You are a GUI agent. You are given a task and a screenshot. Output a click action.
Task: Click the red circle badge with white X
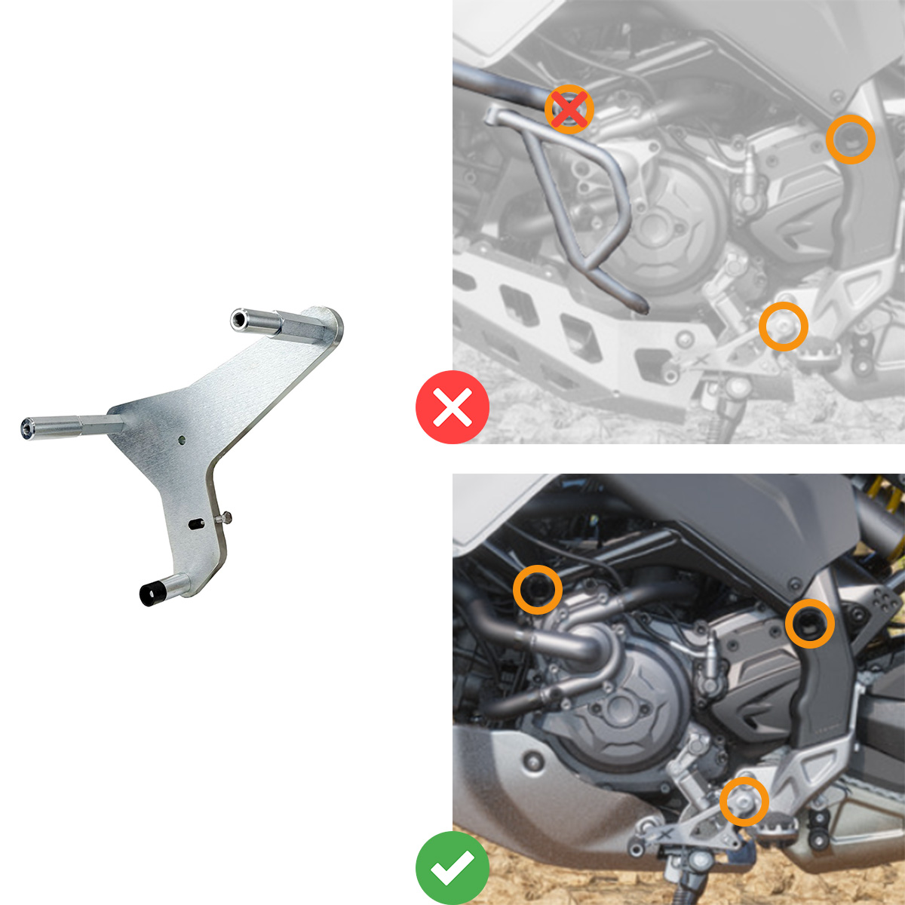click(452, 407)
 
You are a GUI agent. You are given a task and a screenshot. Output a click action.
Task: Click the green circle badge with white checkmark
click(452, 868)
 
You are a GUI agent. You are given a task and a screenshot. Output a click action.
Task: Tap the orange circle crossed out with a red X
click(569, 109)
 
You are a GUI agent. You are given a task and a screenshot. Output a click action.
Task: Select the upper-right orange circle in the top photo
click(851, 139)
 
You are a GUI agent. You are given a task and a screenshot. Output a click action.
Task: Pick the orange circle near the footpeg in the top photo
click(784, 326)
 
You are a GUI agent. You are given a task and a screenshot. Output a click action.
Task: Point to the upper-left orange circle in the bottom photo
click(538, 589)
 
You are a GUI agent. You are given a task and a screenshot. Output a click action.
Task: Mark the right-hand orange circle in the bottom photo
click(810, 624)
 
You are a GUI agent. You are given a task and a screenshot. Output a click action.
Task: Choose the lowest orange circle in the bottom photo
click(744, 801)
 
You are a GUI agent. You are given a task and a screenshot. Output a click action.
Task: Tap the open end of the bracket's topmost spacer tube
click(237, 320)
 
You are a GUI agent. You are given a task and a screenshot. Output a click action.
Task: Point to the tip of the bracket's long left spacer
click(27, 428)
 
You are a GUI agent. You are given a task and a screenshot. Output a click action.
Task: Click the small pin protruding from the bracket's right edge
click(225, 517)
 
